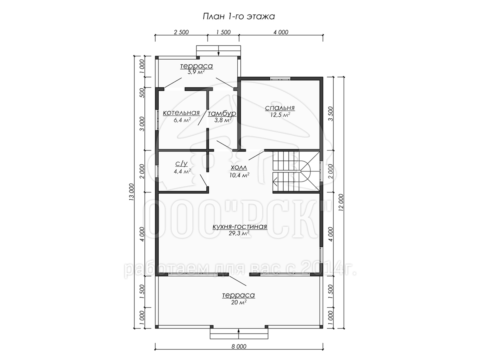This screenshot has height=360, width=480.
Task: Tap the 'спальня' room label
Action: coord(280,108)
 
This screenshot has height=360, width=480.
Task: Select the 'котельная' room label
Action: coord(181,113)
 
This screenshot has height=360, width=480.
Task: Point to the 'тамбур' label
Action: coord(222,114)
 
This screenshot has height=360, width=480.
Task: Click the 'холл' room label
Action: coord(239,168)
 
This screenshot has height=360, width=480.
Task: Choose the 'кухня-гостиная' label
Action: coord(240,226)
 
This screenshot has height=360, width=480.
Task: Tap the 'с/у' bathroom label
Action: coord(181,164)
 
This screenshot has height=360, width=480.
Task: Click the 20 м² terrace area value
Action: coord(238,302)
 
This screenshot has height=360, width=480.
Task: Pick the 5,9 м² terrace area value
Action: coord(196,72)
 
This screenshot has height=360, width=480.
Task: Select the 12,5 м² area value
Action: coord(280,115)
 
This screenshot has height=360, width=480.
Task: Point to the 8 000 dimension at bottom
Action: coord(238,346)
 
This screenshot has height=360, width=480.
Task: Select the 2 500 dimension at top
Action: coord(181,32)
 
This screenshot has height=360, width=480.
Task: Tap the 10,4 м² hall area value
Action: coord(240,175)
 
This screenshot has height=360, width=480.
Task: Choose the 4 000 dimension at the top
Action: coord(281,32)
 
